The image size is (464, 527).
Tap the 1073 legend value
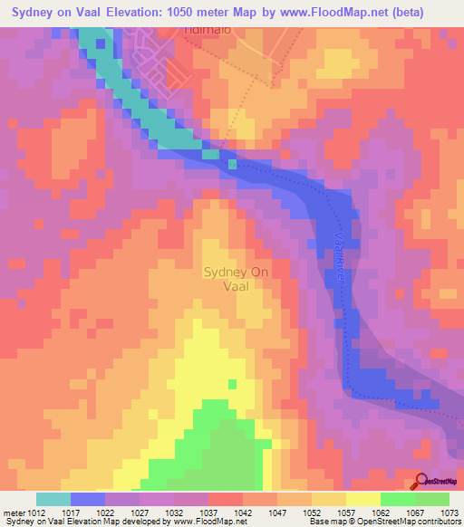coord(449,512)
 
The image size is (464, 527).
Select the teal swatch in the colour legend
coord(53,499)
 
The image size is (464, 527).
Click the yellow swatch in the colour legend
coord(362,499)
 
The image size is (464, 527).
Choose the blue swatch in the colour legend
coord(88,499)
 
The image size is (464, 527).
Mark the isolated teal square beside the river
coord(233,164)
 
